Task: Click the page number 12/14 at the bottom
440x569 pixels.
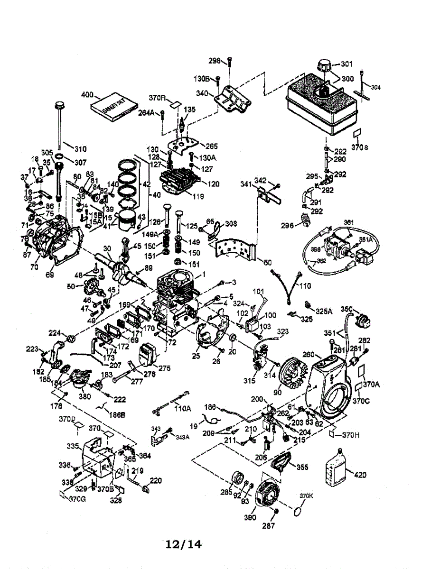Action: tap(183, 544)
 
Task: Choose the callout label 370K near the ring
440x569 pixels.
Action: tap(306, 496)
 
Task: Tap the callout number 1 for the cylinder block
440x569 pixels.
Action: tap(205, 274)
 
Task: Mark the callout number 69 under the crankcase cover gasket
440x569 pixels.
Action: tap(50, 274)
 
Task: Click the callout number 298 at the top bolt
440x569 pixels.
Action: tap(215, 60)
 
